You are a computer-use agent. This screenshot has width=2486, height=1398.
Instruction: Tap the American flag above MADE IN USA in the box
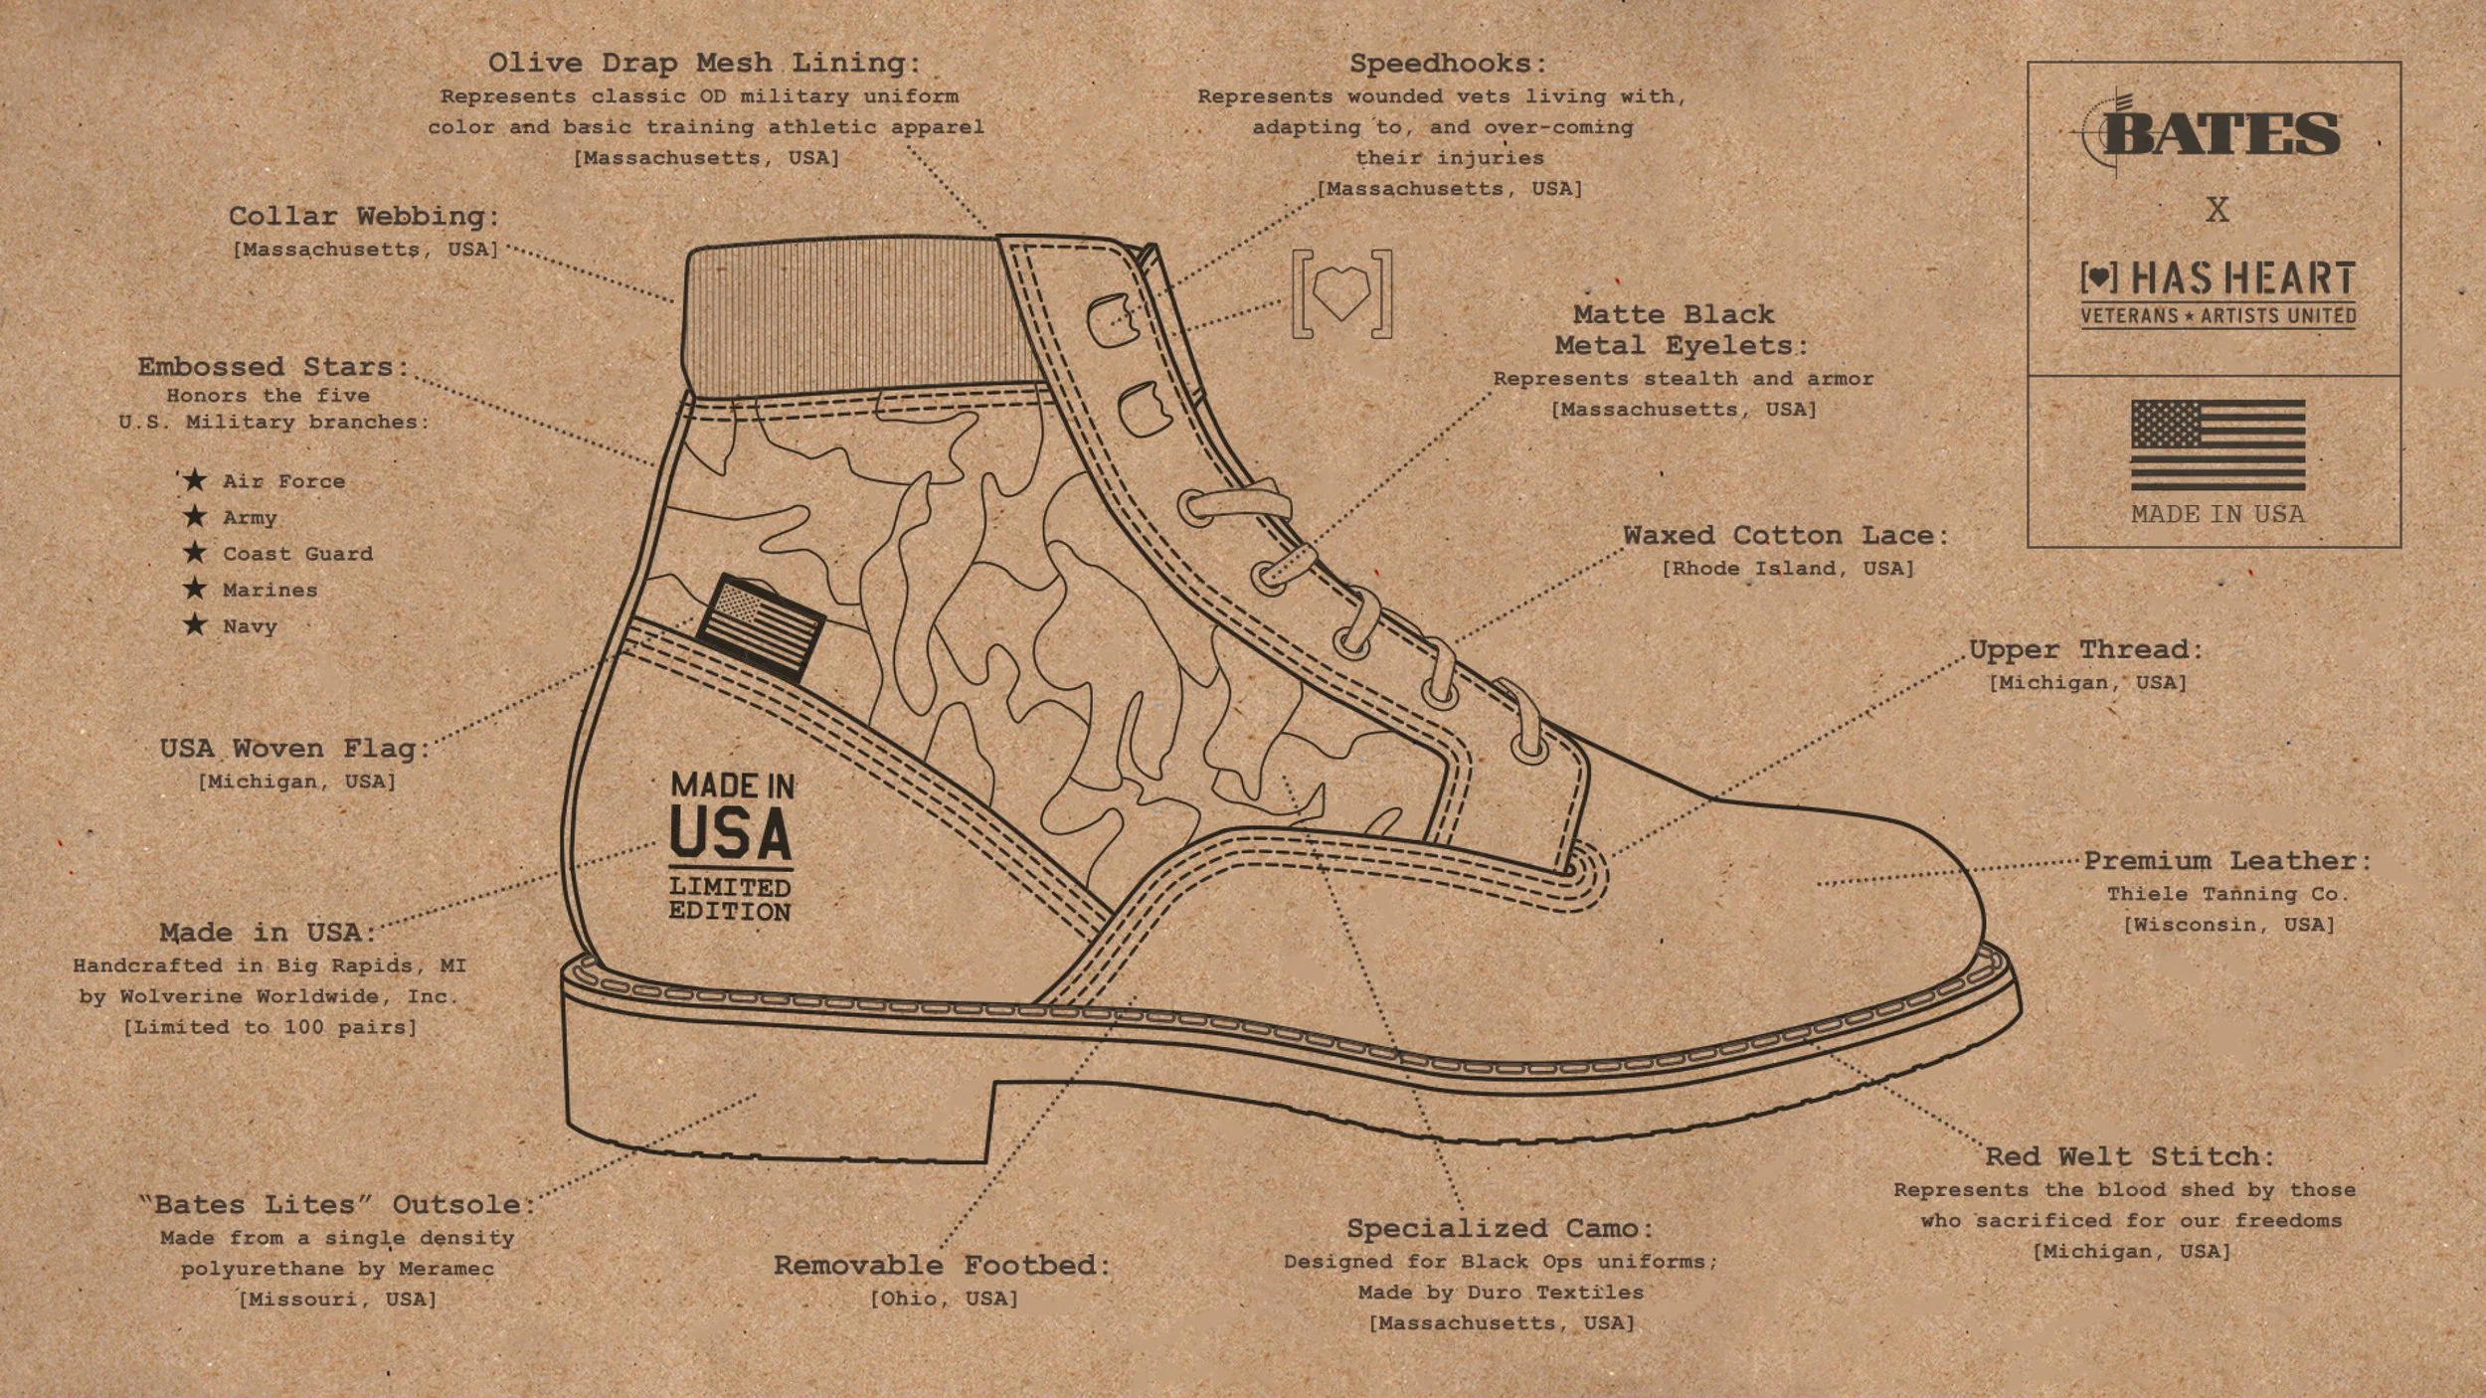[x=2218, y=444]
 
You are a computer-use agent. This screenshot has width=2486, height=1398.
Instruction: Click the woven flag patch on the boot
[x=760, y=627]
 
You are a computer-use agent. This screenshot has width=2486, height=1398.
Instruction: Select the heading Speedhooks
[x=1448, y=64]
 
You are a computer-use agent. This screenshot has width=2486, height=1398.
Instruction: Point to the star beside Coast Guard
[x=195, y=553]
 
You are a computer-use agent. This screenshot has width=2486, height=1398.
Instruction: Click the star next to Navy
[x=195, y=625]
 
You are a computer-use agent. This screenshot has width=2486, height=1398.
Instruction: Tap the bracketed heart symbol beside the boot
[x=1341, y=294]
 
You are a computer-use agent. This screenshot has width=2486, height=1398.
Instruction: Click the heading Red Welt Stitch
[x=2130, y=1156]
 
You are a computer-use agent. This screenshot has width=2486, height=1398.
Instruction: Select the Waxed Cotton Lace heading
[x=1786, y=536]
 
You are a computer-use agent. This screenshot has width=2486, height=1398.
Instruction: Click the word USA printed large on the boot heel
[x=731, y=833]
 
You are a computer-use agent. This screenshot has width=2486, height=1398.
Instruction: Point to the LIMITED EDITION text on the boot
[x=730, y=899]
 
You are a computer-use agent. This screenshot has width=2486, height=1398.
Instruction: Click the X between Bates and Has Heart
[x=2217, y=210]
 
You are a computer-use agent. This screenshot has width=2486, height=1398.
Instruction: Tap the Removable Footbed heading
[x=942, y=1266]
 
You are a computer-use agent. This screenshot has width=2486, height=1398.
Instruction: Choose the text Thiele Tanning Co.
[x=2227, y=894]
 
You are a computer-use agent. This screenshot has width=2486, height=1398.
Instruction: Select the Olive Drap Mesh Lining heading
[x=704, y=64]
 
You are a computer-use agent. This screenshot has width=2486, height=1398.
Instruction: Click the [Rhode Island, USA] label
[x=1788, y=569]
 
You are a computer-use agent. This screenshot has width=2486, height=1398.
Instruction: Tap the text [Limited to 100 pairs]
[x=269, y=1027]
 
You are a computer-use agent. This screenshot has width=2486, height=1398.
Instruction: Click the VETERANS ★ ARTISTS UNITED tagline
[x=2219, y=316]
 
